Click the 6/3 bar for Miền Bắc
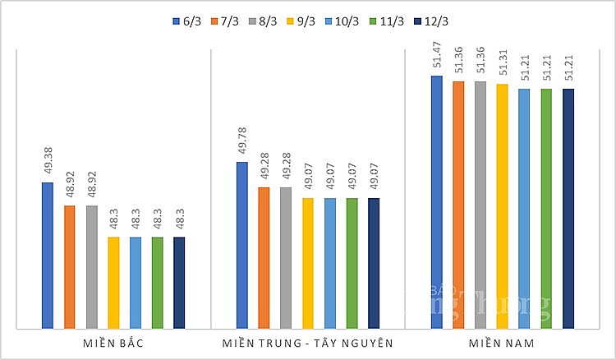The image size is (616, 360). (x=48, y=256)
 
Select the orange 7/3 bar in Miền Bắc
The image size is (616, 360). (x=70, y=267)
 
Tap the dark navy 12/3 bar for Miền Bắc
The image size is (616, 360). (x=179, y=283)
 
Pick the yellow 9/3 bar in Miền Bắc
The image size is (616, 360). (x=113, y=283)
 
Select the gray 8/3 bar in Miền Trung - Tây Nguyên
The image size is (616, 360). (x=286, y=258)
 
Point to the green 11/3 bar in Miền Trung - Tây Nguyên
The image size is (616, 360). (x=352, y=263)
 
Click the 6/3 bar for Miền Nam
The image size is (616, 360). (x=437, y=202)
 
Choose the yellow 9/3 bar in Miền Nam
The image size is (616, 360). (x=502, y=206)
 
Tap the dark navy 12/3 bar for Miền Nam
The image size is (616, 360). (x=568, y=209)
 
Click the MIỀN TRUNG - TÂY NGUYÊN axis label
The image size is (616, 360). (x=308, y=342)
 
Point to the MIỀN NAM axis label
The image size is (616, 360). (x=503, y=342)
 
